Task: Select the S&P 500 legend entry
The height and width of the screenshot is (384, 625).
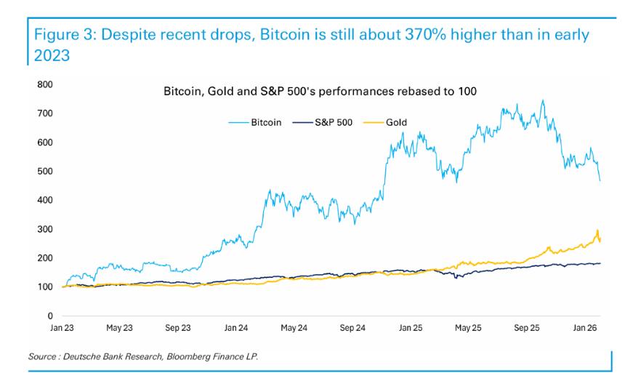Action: tap(332, 123)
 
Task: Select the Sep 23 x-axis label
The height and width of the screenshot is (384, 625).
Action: tap(178, 328)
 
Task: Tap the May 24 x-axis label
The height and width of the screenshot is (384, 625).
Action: tap(294, 328)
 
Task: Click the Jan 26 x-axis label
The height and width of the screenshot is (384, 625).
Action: tap(586, 328)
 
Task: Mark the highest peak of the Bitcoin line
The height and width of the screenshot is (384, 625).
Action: tap(542, 100)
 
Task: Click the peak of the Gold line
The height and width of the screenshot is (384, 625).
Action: tap(597, 231)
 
